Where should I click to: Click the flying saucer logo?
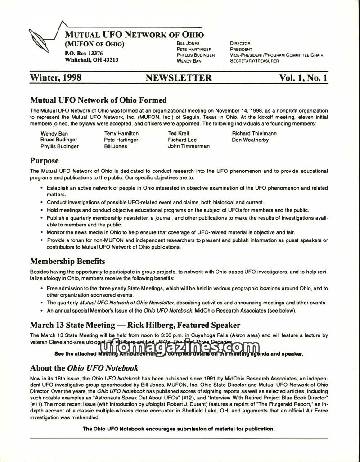(x=40, y=38)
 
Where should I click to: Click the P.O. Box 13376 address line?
(x=84, y=53)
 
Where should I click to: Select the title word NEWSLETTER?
(x=179, y=78)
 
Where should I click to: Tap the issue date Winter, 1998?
(x=55, y=78)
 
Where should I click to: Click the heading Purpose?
(x=44, y=160)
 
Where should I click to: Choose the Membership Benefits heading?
(x=67, y=261)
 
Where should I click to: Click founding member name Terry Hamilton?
(x=121, y=133)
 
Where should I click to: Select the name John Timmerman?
(x=189, y=146)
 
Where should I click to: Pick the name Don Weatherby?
(x=250, y=140)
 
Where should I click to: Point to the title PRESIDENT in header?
(x=241, y=49)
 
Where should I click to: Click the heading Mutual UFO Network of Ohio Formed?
(x=98, y=100)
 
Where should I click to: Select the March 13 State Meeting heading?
(x=135, y=325)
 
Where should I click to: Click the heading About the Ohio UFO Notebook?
(x=84, y=368)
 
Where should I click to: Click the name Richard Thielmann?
(x=254, y=133)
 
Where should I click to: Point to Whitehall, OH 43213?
(x=92, y=60)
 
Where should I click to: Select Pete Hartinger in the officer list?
(x=194, y=49)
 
